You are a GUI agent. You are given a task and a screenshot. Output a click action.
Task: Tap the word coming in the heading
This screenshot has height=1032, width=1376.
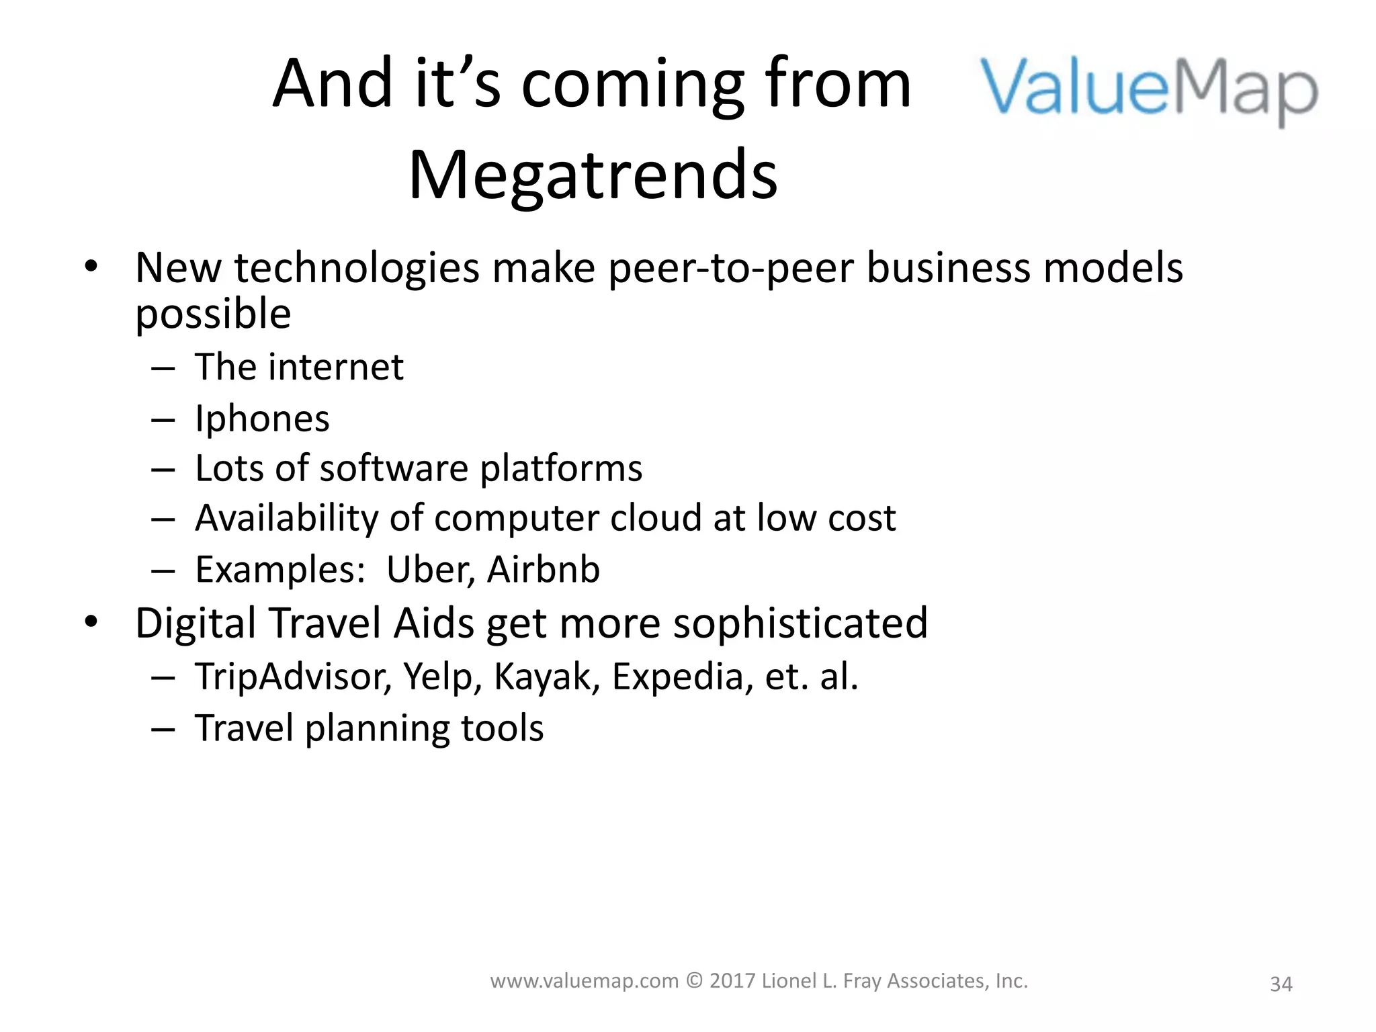point(632,83)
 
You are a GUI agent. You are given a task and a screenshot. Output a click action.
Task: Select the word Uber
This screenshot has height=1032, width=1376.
point(430,570)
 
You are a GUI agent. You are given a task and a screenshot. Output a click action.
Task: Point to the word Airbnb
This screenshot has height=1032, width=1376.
point(543,570)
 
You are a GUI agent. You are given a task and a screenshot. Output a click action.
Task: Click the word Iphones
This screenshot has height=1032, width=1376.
point(262,419)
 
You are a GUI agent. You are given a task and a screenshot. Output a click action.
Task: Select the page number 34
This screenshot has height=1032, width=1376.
point(1281,984)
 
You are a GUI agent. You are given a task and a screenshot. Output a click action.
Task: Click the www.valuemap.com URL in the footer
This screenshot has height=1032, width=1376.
point(585,982)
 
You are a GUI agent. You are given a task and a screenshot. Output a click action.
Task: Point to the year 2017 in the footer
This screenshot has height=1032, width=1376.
point(732,982)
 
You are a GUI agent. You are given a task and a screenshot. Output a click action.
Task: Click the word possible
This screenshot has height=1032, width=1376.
point(213,314)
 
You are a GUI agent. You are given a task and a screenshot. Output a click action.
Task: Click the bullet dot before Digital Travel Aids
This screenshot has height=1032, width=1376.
point(91,622)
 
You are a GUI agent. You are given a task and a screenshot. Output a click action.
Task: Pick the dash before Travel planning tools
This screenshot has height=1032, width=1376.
point(163,729)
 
